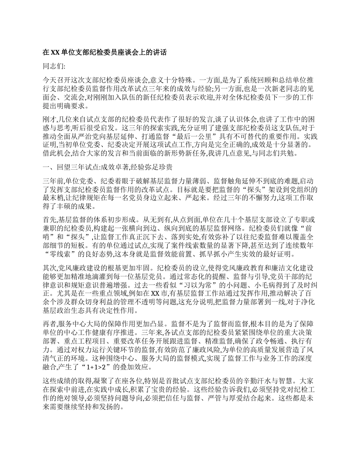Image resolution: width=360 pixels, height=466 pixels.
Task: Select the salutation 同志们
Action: click(x=54, y=66)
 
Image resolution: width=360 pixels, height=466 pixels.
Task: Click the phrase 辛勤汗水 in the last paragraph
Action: click(x=265, y=382)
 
